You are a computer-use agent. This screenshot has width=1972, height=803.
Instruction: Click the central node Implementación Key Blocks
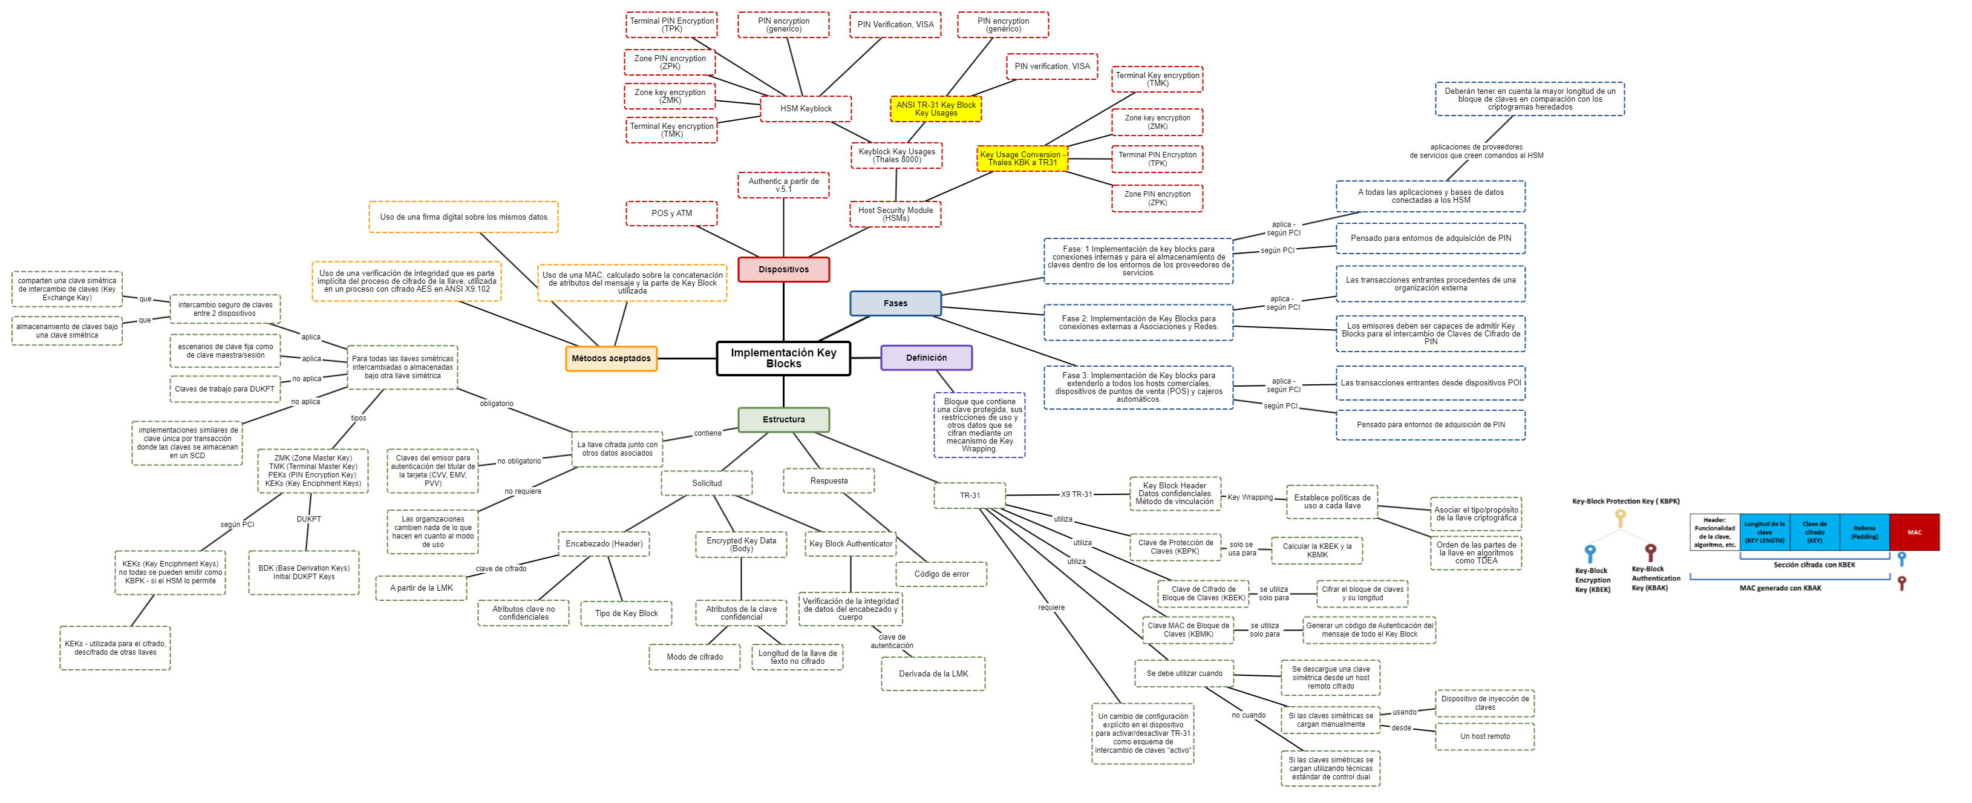point(783,358)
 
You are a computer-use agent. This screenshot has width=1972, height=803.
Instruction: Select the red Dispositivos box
point(783,269)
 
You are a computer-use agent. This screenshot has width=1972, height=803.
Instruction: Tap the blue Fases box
point(895,303)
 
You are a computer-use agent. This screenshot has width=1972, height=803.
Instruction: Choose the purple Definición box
point(926,358)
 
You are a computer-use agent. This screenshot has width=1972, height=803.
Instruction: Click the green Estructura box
point(783,419)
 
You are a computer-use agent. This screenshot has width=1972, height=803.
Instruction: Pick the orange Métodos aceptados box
point(611,358)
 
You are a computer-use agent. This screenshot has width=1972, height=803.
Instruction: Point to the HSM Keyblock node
point(805,109)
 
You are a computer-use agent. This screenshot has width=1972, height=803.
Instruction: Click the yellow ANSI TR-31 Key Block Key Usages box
point(935,109)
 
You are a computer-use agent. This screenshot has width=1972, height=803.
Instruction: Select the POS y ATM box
point(671,214)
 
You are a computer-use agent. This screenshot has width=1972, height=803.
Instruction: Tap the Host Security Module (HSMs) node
point(895,214)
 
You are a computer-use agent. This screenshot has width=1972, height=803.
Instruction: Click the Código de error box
point(941,574)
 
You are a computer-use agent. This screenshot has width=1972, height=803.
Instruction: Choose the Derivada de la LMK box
point(933,674)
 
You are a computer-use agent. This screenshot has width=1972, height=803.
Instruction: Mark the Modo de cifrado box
point(694,657)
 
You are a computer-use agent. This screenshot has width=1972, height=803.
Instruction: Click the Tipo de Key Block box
point(626,613)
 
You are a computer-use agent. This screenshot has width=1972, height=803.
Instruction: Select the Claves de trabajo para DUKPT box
point(224,389)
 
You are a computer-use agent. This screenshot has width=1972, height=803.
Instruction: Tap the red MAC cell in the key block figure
point(1914,532)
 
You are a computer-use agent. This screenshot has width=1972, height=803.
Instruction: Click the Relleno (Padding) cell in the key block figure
point(1864,532)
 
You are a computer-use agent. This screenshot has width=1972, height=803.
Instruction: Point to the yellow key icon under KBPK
point(1620,518)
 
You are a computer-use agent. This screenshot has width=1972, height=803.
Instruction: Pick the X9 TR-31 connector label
point(1076,494)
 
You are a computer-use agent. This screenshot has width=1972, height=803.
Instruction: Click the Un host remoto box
point(1484,736)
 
